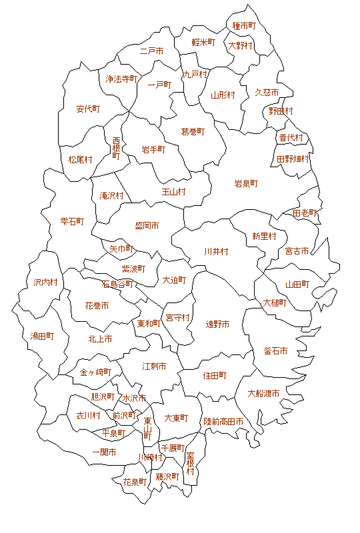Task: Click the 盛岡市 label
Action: (147, 226)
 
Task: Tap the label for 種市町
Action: (245, 26)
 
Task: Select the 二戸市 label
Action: (152, 51)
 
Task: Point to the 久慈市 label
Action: (267, 93)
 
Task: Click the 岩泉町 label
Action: (246, 183)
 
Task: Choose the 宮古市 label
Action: (297, 251)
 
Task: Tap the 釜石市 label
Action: (275, 351)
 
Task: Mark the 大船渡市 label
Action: (263, 393)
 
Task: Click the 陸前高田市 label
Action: (223, 422)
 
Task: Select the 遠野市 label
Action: (217, 324)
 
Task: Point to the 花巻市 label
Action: (97, 306)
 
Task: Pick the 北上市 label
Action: (100, 338)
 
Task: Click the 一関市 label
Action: (104, 452)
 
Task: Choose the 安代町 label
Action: (88, 109)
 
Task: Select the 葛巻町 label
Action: (193, 132)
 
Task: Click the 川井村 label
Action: (216, 251)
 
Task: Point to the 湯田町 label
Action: (42, 336)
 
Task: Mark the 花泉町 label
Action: (135, 481)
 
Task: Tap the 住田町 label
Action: (215, 376)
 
